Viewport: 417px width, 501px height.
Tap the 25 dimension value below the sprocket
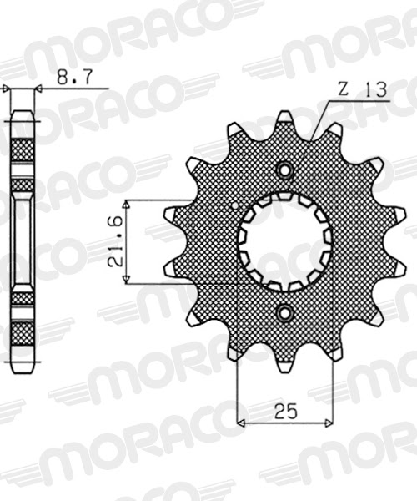[285, 410]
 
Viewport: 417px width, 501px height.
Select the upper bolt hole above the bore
[286, 170]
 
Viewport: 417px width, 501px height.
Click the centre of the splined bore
[286, 240]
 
